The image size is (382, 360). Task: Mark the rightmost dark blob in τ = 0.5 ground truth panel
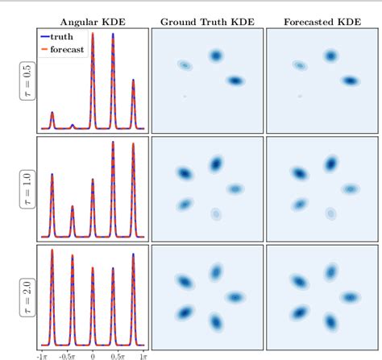[235, 81]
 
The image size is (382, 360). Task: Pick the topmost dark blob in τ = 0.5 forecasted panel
[330, 56]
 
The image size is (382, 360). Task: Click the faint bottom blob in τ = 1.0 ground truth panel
[216, 214]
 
